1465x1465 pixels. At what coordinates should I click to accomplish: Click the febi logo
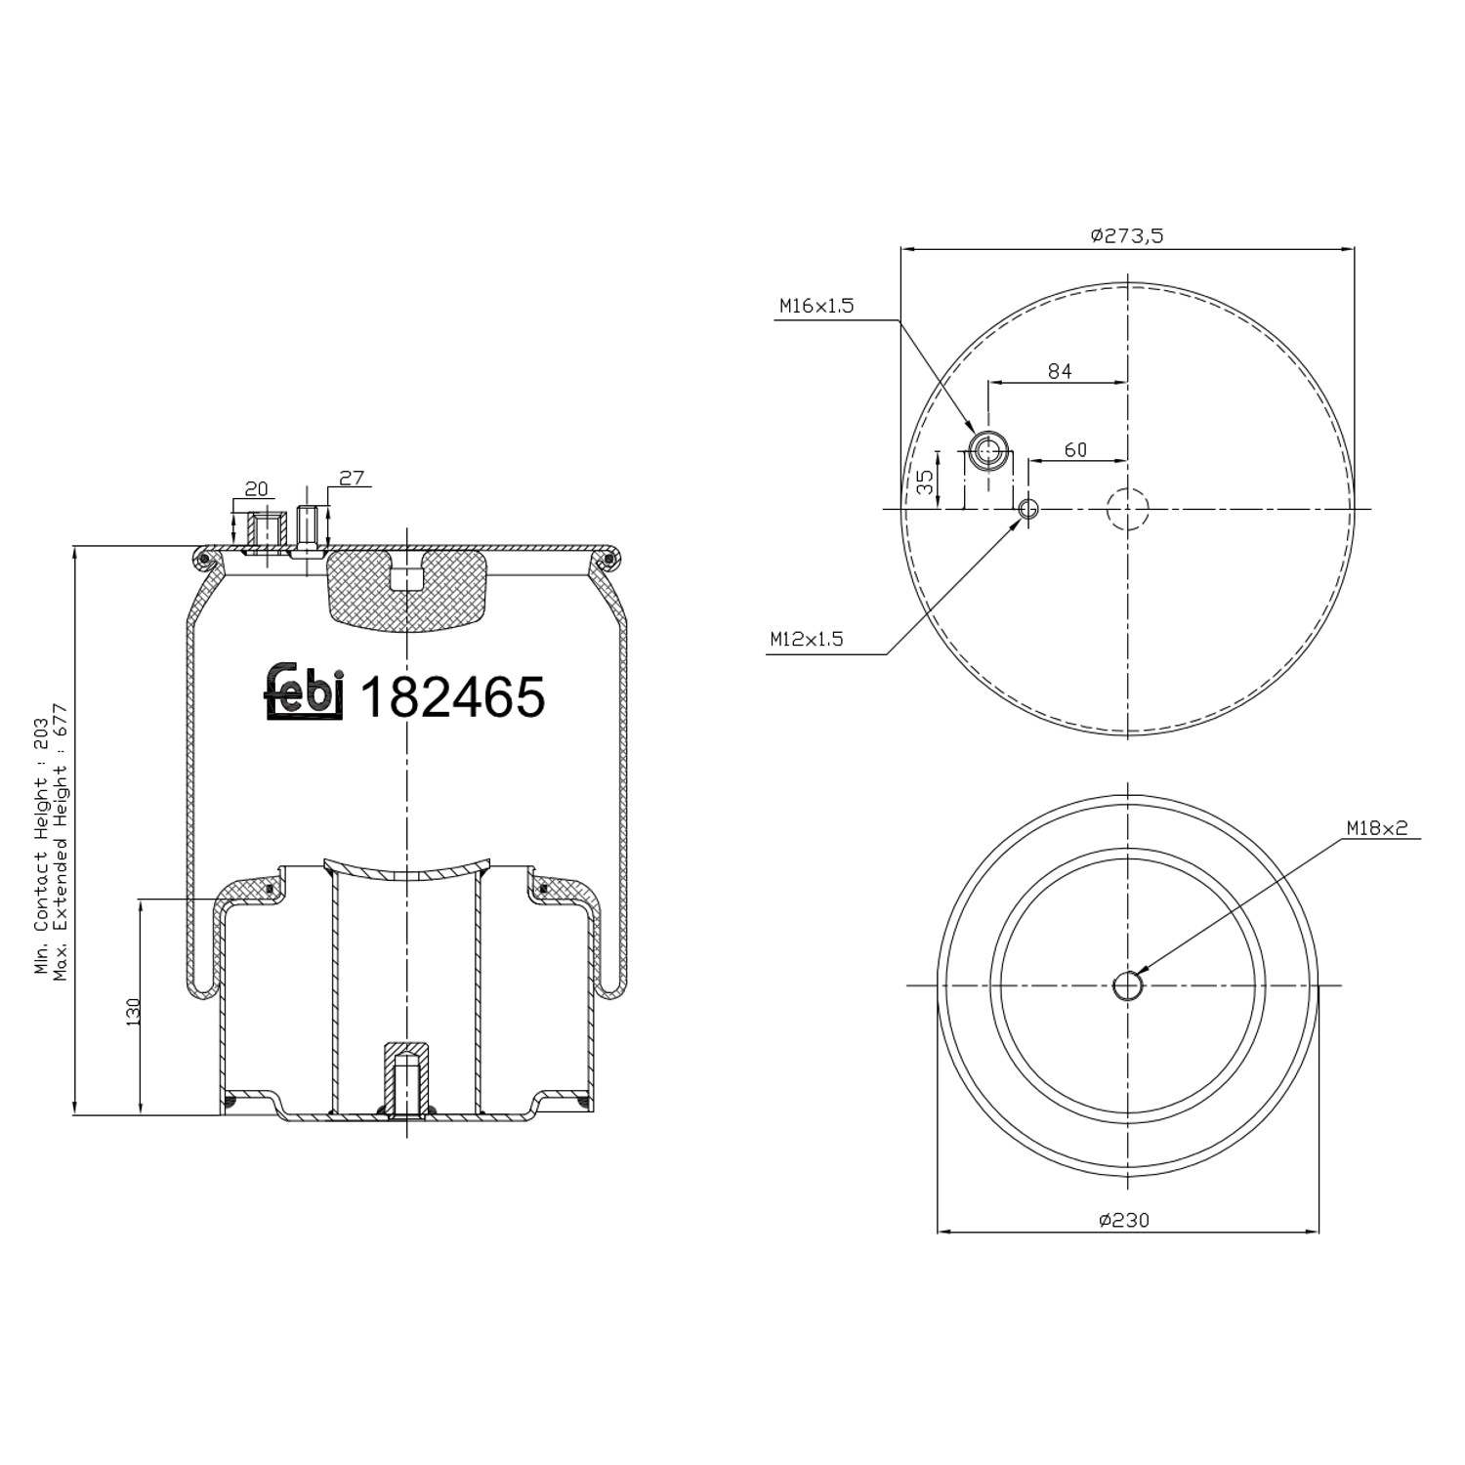pyautogui.click(x=304, y=692)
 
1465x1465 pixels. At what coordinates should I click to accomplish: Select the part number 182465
pyautogui.click(x=453, y=697)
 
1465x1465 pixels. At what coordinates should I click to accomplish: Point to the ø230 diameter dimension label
pyautogui.click(x=1124, y=1220)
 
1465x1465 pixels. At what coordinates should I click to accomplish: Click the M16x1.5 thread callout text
pyautogui.click(x=816, y=306)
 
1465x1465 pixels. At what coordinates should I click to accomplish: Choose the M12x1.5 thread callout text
pyautogui.click(x=806, y=640)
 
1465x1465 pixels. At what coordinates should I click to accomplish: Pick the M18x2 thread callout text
pyautogui.click(x=1377, y=828)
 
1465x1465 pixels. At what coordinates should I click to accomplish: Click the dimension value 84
pyautogui.click(x=1060, y=371)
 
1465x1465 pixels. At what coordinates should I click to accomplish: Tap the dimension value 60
pyautogui.click(x=1075, y=449)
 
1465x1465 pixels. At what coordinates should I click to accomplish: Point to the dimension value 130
pyautogui.click(x=134, y=1011)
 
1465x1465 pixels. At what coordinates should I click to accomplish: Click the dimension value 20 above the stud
pyautogui.click(x=256, y=488)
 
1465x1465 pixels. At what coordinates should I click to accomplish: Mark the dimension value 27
pyautogui.click(x=352, y=478)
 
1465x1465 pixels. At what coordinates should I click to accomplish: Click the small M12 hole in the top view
pyautogui.click(x=1027, y=509)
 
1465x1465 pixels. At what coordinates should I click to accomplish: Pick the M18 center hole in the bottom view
pyautogui.click(x=1128, y=985)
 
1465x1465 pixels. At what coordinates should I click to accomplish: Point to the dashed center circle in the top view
pyautogui.click(x=1128, y=509)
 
